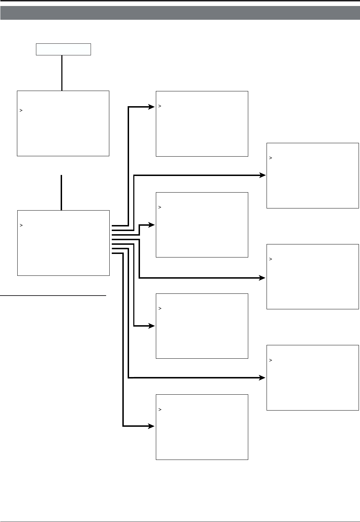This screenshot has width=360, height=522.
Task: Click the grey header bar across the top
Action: click(180, 13)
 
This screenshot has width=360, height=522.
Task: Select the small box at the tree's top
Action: click(63, 49)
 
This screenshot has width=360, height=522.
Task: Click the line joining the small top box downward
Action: click(62, 73)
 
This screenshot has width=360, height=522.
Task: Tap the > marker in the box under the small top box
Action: click(21, 110)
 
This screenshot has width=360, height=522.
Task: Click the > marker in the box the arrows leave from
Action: click(22, 225)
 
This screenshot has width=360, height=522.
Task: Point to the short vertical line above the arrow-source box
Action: click(61, 192)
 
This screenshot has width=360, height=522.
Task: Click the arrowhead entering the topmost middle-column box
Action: click(152, 107)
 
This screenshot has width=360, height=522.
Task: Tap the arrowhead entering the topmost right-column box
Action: click(262, 175)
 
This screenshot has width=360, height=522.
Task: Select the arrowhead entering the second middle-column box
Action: click(152, 225)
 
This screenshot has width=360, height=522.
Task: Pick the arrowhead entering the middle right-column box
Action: click(262, 278)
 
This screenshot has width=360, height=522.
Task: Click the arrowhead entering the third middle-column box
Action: click(152, 326)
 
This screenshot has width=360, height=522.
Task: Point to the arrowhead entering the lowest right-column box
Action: click(262, 378)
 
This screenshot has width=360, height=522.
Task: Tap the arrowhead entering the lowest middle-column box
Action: click(152, 426)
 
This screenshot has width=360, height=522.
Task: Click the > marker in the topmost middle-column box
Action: click(160, 106)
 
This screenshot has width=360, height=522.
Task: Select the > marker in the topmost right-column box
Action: click(271, 158)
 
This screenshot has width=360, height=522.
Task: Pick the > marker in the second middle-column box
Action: click(160, 207)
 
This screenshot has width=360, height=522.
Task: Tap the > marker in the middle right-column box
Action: click(271, 259)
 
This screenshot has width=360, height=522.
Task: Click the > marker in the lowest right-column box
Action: click(271, 360)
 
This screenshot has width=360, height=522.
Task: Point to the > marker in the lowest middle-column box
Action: click(160, 410)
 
